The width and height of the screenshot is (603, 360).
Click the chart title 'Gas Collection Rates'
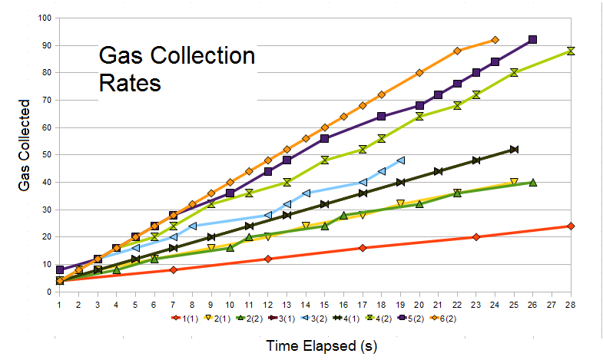(x=177, y=68)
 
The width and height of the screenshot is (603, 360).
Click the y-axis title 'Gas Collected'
(x=25, y=145)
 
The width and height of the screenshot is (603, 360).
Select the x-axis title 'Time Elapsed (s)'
(x=322, y=346)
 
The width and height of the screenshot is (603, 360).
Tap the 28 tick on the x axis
(x=571, y=304)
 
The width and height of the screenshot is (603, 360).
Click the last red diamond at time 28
(x=571, y=226)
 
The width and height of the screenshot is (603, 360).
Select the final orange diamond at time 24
(x=495, y=39)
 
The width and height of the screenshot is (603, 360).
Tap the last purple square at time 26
(x=532, y=39)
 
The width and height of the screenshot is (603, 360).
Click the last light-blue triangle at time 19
(x=400, y=160)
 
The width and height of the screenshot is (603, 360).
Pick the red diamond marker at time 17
(x=363, y=248)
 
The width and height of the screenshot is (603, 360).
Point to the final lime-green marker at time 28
(x=571, y=51)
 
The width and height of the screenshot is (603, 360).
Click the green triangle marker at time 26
(x=532, y=182)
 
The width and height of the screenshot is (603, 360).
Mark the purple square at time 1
(x=60, y=269)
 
